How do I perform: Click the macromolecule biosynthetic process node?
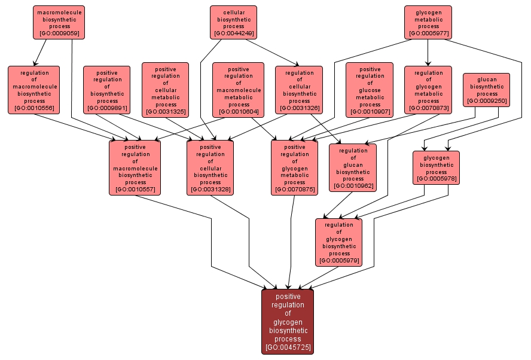click(x=59, y=22)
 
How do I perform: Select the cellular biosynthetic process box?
click(x=233, y=22)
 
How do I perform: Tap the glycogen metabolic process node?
click(x=428, y=22)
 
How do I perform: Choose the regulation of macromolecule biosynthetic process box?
click(x=34, y=90)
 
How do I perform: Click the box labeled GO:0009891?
click(x=106, y=90)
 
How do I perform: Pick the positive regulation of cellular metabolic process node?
click(x=165, y=90)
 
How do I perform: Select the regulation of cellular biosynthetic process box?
click(x=299, y=90)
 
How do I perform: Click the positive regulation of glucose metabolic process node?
click(x=370, y=90)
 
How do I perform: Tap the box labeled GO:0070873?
click(x=428, y=90)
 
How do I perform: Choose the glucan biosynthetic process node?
click(x=487, y=90)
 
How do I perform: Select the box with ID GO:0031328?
click(x=210, y=167)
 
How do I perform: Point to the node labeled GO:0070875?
click(x=294, y=167)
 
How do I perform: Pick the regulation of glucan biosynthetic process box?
click(x=353, y=167)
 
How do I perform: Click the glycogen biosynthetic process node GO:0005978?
click(x=437, y=167)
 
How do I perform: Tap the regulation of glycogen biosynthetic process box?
click(x=339, y=242)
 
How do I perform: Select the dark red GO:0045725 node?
click(x=288, y=321)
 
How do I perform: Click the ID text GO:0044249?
click(x=233, y=33)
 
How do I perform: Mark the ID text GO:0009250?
click(x=487, y=101)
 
